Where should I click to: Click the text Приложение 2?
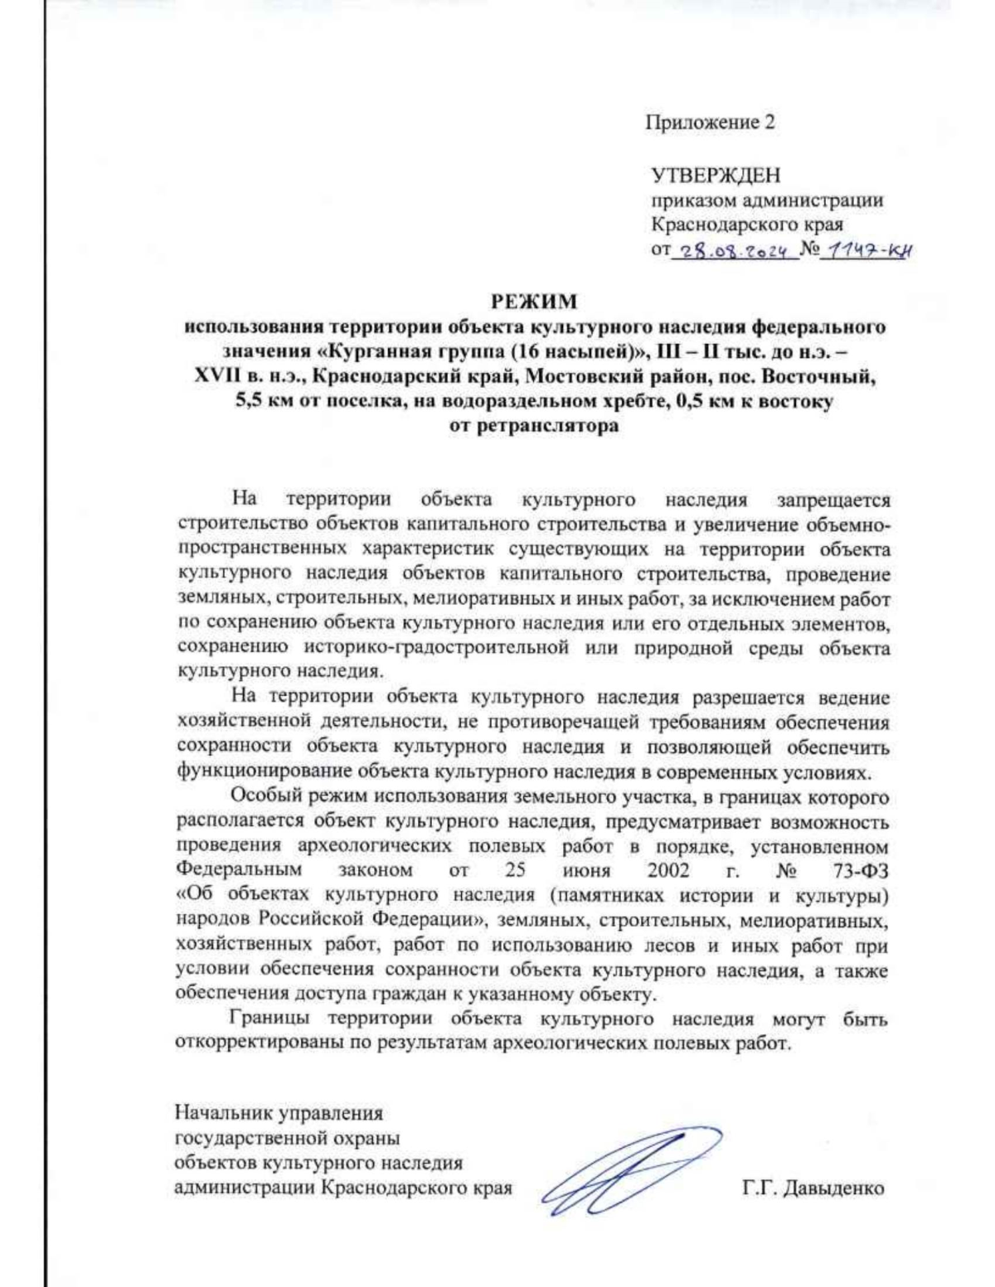(x=711, y=123)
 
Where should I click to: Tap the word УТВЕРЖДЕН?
(x=715, y=176)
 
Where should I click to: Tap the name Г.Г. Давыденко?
(x=813, y=1188)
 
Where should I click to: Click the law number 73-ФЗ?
(x=857, y=871)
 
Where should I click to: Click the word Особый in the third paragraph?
(x=266, y=798)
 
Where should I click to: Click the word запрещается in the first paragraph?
(x=832, y=501)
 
